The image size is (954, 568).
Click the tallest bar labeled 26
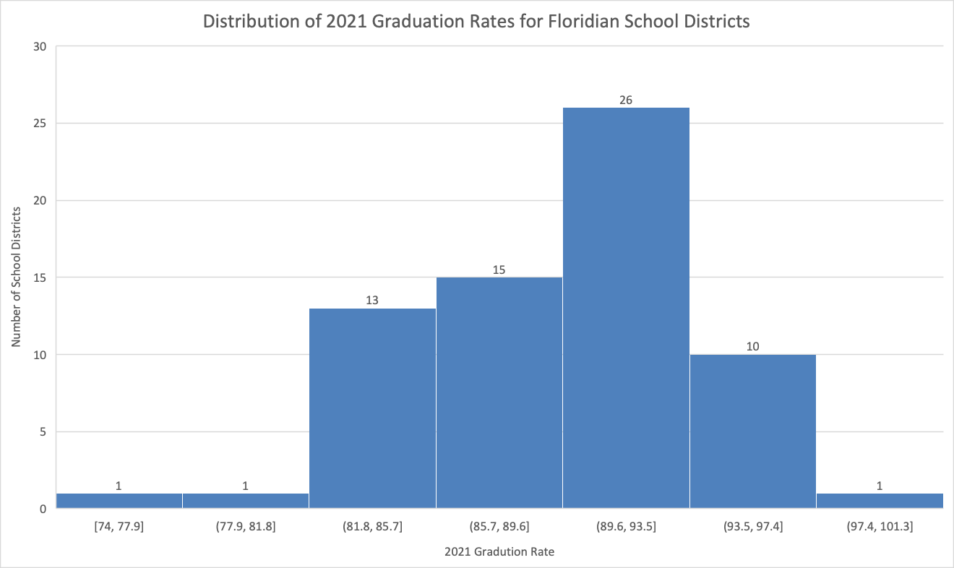(626, 308)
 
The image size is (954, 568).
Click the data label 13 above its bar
(372, 300)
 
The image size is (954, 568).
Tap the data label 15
(499, 270)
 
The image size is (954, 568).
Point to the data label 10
(752, 347)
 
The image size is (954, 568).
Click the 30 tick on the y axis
(40, 47)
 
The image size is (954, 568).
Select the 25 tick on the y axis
(40, 124)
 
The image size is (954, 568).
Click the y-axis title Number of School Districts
(16, 277)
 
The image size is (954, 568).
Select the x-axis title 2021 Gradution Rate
(499, 552)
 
